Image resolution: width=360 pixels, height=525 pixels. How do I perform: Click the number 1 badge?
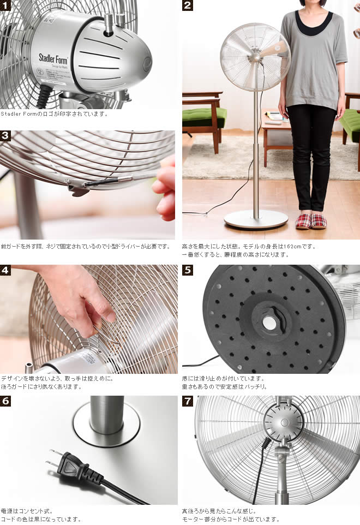pyautogui.click(x=5, y=5)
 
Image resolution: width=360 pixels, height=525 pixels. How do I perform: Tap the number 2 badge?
pyautogui.click(x=188, y=5)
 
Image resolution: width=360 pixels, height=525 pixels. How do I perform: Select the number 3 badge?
pyautogui.click(x=5, y=136)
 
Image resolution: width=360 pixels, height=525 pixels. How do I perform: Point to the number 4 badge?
pyautogui.click(x=5, y=270)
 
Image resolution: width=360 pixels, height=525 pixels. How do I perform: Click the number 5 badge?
pyautogui.click(x=188, y=270)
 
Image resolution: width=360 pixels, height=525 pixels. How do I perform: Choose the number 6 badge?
pyautogui.click(x=5, y=401)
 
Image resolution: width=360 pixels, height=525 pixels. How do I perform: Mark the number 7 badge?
pyautogui.click(x=188, y=401)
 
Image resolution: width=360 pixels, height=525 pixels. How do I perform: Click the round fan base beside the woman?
pyautogui.click(x=256, y=219)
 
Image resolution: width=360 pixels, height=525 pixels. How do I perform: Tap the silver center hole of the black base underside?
pyautogui.click(x=269, y=323)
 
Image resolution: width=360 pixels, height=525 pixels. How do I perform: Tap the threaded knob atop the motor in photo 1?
pyautogui.click(x=109, y=25)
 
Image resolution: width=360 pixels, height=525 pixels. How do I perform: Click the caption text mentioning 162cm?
pyautogui.click(x=249, y=246)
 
